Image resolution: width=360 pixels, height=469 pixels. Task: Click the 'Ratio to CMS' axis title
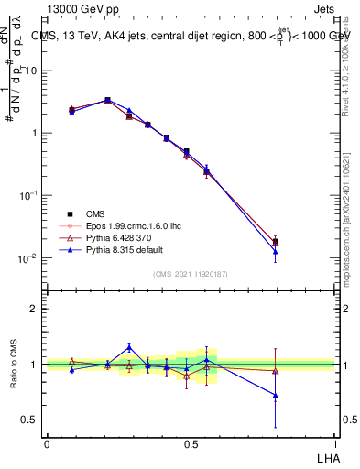point(14,365)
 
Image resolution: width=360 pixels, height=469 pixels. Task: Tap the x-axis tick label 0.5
point(191,443)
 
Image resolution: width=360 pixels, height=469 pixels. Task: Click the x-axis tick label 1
point(335,443)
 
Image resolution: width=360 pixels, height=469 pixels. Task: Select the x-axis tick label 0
point(47,443)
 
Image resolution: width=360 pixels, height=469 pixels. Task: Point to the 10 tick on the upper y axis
point(30,71)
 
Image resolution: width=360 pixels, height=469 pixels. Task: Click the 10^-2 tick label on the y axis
point(27,258)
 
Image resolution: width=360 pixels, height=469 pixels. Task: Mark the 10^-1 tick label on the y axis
point(27,196)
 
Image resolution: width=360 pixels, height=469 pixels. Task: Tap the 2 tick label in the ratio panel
point(34,309)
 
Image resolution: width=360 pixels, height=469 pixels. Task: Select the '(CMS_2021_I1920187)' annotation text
point(190,274)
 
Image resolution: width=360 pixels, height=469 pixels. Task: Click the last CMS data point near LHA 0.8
point(276,242)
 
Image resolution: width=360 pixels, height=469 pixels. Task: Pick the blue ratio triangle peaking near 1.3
point(129,347)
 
